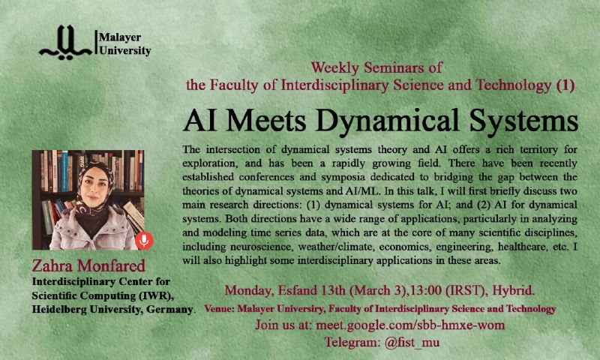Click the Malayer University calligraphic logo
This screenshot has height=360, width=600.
pos(65,43)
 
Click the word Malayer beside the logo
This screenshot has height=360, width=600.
pos(120,37)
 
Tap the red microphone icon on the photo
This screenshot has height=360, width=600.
pos(144,241)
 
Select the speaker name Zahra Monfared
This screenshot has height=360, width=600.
pos(88,265)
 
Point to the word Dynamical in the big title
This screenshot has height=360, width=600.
pos(388,121)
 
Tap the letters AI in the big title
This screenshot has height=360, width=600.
pos(199,120)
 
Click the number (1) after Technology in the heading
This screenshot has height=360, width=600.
pos(565,85)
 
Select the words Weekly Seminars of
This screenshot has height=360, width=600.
pos(376,67)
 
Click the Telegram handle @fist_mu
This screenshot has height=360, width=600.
pos(412,342)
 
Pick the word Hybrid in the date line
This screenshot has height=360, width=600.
pos(513,290)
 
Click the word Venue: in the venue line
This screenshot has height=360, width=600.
pos(219,309)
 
